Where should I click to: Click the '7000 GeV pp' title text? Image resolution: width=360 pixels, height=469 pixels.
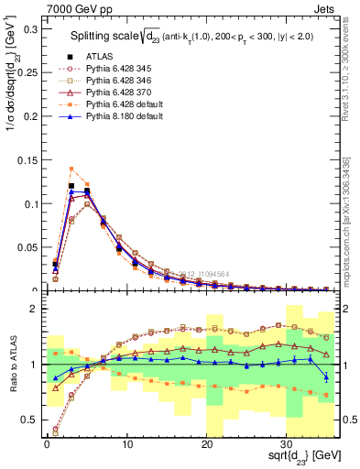pyautogui.click(x=74, y=8)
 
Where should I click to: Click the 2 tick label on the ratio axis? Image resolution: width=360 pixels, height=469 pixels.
pyautogui.click(x=35, y=310)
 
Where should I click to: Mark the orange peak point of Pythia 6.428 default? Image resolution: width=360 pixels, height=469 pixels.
pyautogui.click(x=71, y=169)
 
